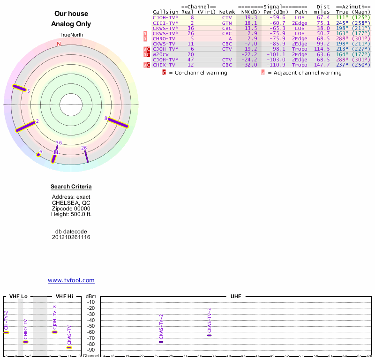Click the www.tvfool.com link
click(71, 280)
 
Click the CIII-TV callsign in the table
click(165, 22)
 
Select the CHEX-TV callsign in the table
click(164, 65)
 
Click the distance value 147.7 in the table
click(322, 65)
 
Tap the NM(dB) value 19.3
click(251, 17)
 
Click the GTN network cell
click(227, 22)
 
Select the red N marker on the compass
click(59, 44)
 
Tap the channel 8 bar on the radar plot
click(118, 123)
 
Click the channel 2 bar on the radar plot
click(26, 127)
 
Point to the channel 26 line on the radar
click(86, 157)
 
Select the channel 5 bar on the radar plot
click(20, 88)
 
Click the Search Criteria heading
click(71, 187)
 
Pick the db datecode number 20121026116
click(71, 238)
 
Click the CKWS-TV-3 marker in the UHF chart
click(209, 335)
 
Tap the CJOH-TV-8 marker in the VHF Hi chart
click(54, 332)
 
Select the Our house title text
click(71, 14)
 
